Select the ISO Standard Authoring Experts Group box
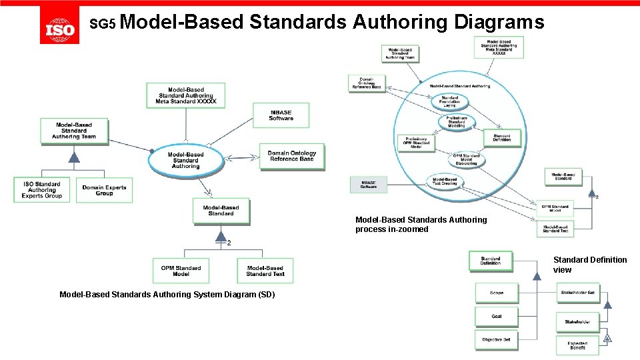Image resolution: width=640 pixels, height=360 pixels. [42, 190]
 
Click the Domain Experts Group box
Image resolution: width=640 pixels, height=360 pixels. [104, 190]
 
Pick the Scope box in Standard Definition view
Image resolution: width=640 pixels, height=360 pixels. [497, 293]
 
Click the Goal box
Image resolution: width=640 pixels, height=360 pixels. [497, 316]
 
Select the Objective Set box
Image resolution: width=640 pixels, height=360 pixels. [497, 339]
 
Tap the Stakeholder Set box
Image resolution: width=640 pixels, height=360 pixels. [578, 293]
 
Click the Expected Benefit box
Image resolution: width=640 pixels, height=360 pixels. [578, 345]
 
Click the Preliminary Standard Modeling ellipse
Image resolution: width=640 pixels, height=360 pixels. [457, 122]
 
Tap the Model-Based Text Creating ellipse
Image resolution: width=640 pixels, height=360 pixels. [445, 181]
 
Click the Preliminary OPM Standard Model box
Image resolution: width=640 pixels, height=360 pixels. [415, 143]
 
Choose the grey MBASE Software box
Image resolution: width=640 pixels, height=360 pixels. [369, 185]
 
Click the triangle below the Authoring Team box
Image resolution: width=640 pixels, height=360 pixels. [74, 158]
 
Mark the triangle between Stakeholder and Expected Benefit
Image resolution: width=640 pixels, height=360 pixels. [607, 338]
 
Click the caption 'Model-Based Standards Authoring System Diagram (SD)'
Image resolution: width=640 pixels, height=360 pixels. [167, 295]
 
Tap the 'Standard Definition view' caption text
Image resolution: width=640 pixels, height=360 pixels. [589, 265]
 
